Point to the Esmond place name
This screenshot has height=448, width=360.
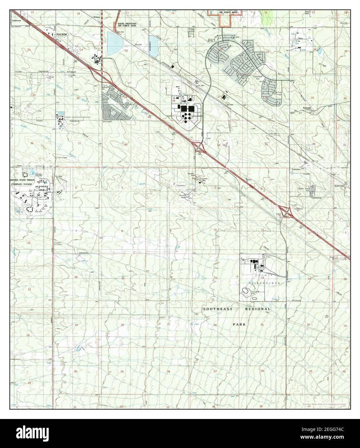click(306, 108)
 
